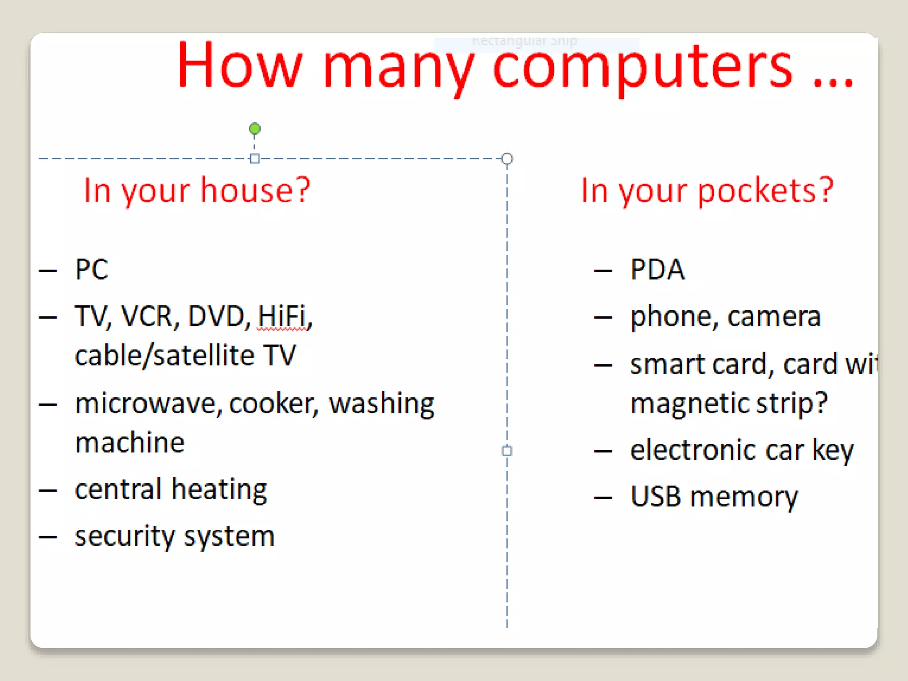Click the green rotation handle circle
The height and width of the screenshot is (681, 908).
click(254, 129)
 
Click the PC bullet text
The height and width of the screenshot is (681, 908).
click(91, 269)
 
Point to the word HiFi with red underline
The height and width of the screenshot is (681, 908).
click(282, 317)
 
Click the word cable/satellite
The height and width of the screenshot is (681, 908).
click(164, 356)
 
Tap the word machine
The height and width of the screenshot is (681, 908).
click(129, 442)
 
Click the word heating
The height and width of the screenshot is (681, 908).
click(219, 490)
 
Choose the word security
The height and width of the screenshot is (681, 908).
click(125, 536)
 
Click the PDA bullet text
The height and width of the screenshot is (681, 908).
click(657, 269)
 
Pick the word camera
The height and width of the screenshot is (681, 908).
click(774, 317)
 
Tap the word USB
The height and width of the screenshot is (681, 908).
click(655, 497)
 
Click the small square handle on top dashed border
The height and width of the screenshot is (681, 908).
click(254, 159)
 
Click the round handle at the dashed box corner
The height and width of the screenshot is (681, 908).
click(507, 159)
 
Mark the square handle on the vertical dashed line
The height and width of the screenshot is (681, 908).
click(507, 451)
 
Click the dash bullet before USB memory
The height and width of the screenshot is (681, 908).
click(603, 498)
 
